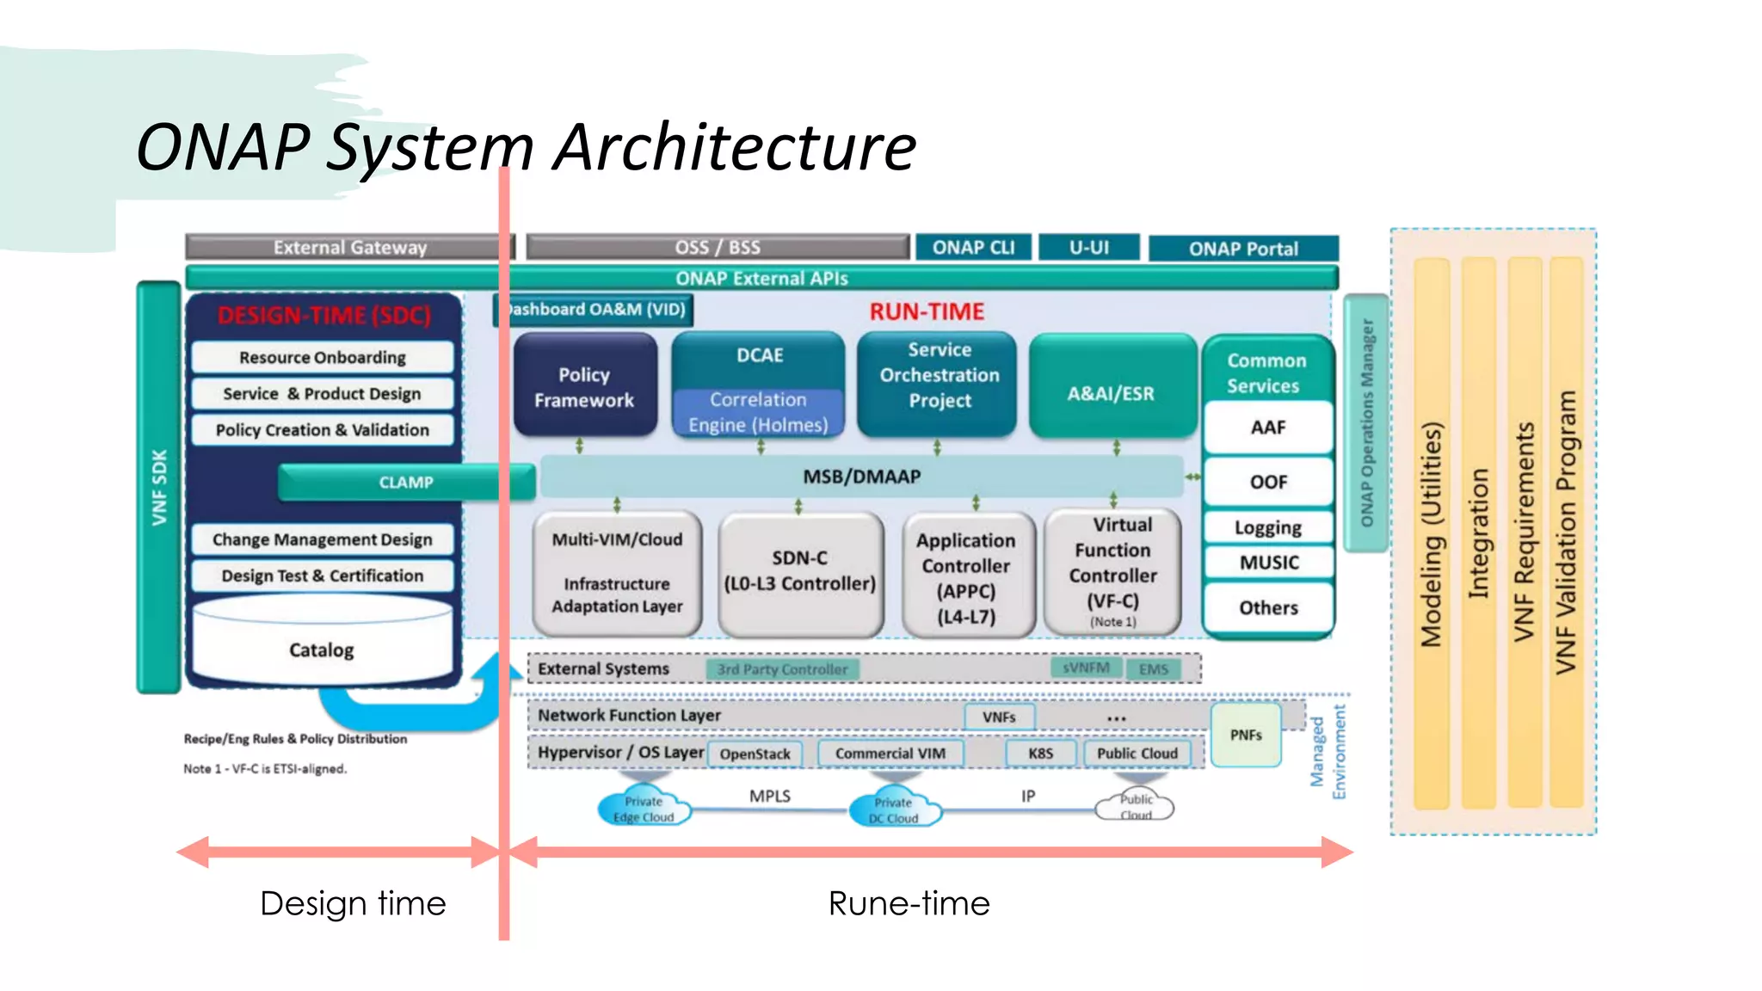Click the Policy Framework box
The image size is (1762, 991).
pos(584,386)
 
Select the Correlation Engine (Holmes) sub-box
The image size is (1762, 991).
pos(758,412)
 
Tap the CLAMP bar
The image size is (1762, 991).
pos(406,483)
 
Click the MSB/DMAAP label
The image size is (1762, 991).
pos(861,477)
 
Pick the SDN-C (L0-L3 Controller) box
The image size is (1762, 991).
pos(800,572)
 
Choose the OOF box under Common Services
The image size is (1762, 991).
pos(1268,482)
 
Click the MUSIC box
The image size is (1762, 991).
pos(1268,563)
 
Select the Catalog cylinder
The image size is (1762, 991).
pos(322,649)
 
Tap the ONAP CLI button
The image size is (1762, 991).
pos(973,248)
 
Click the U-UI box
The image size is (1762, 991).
pos(1088,248)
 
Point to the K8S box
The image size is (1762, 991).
pos(1040,754)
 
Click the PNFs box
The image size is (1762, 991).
pos(1245,735)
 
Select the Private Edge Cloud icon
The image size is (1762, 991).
pos(644,809)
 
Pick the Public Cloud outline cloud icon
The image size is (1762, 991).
pos(1135,807)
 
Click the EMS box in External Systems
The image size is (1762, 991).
pos(1153,669)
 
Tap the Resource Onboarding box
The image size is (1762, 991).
pos(322,357)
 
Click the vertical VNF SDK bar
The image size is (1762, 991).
pos(159,487)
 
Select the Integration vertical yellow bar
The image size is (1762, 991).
pos(1478,533)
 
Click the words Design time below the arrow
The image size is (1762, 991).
pos(353,903)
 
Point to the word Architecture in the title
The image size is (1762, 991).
pos(735,148)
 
